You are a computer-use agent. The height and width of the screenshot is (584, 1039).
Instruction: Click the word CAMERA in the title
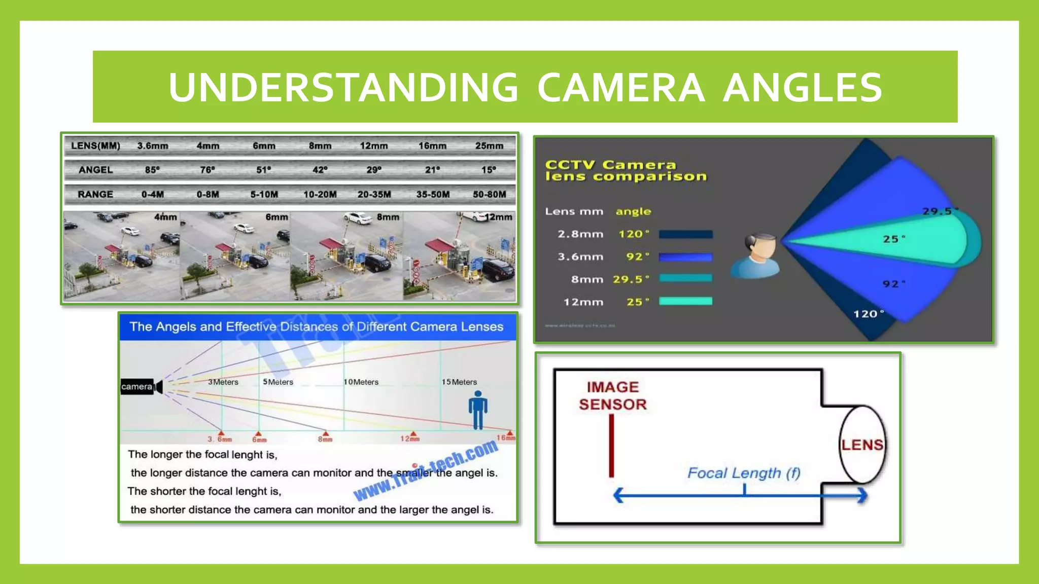pos(620,87)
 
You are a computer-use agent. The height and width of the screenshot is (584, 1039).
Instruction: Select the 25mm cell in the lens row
pos(489,146)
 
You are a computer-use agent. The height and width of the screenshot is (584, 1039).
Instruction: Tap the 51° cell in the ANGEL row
pos(263,170)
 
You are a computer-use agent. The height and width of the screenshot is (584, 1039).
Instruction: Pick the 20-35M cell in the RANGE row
pos(374,194)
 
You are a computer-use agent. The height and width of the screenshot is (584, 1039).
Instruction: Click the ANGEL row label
pos(95,170)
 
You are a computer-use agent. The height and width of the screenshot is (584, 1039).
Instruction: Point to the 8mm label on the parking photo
pos(388,217)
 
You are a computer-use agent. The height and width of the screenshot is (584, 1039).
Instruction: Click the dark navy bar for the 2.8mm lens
pos(685,234)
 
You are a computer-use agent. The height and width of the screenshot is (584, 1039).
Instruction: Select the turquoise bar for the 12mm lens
pos(685,301)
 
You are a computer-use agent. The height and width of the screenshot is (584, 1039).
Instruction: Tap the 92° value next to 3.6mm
pos(637,257)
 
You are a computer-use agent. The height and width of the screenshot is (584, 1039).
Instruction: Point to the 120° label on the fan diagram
pos(868,314)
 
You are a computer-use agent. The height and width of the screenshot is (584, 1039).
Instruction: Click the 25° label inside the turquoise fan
pos(893,239)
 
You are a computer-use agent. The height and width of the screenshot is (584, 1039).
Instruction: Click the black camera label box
pos(136,386)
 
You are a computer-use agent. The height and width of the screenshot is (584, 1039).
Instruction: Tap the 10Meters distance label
pos(361,382)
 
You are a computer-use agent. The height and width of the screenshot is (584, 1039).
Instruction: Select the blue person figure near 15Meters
pos(477,410)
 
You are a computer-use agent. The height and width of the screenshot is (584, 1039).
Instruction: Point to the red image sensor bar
pos(611,446)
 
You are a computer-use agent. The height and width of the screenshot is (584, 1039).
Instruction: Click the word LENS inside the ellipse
pos(862,445)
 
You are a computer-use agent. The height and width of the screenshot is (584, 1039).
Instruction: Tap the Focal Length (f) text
pos(743,473)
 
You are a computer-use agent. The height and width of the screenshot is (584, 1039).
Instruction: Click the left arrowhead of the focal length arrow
pos(618,495)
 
